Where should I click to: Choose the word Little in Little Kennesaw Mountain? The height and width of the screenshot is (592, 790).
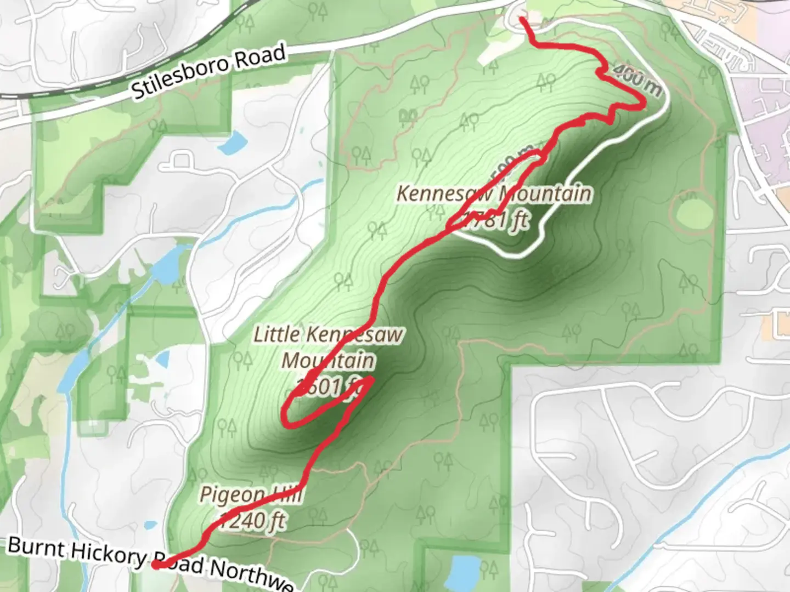point(276,334)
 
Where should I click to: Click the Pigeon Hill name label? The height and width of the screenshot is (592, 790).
point(251,495)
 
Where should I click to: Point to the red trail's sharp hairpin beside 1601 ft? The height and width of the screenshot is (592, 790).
point(372,378)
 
